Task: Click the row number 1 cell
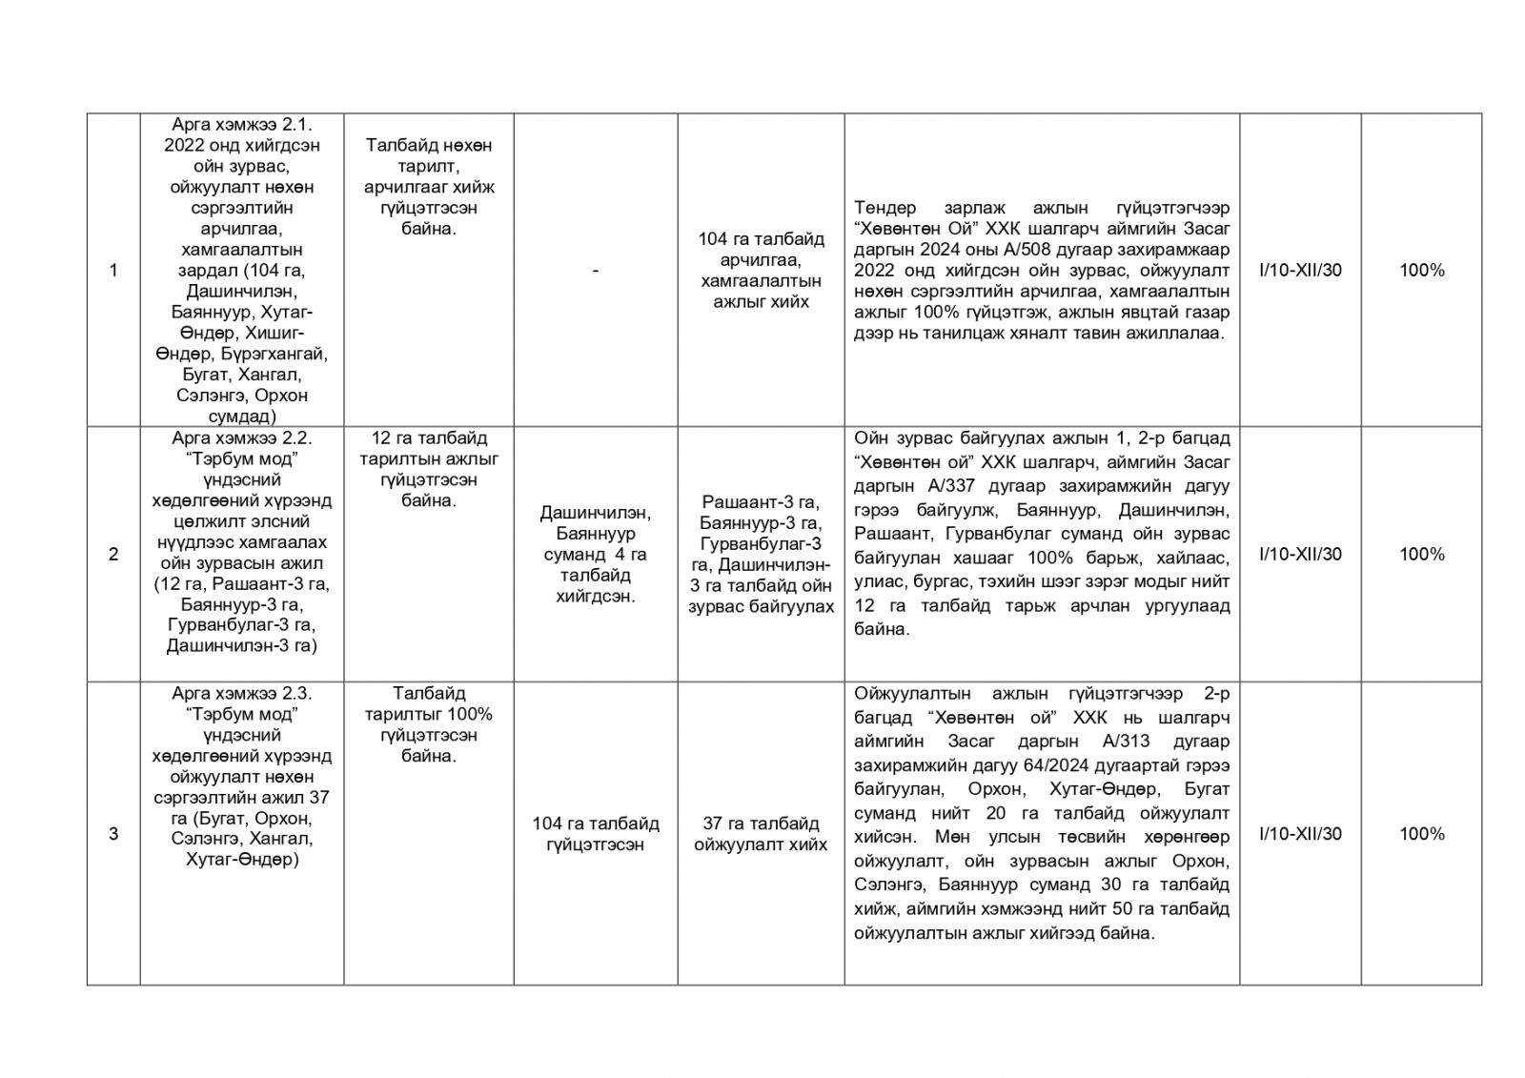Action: click(x=113, y=270)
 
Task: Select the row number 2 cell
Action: click(x=113, y=554)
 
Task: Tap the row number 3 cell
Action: click(x=113, y=834)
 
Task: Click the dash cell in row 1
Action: click(x=596, y=271)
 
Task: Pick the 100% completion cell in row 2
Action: click(x=1421, y=554)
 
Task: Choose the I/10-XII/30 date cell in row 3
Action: click(x=1300, y=834)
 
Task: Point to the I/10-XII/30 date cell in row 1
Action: click(x=1300, y=270)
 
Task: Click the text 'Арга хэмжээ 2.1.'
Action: click(x=242, y=125)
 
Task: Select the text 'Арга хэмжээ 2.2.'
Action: click(x=242, y=438)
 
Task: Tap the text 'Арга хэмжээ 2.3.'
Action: click(x=242, y=693)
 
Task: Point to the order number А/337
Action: click(x=927, y=486)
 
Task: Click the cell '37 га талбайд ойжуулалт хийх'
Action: click(x=761, y=834)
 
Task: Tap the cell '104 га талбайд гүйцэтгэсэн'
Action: click(x=596, y=834)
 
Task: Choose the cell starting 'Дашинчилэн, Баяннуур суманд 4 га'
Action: click(x=596, y=554)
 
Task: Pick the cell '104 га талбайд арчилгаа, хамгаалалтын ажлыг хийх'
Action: click(x=761, y=271)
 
